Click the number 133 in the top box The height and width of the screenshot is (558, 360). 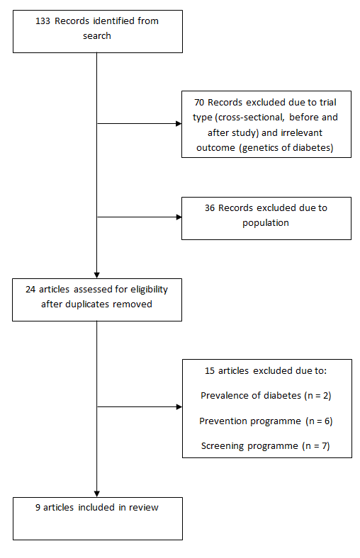tap(43, 21)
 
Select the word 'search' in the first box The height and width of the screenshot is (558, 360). tap(97, 36)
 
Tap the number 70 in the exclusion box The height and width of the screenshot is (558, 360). tap(199, 103)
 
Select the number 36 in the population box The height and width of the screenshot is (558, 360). tap(210, 207)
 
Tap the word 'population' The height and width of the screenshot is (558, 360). tap(266, 223)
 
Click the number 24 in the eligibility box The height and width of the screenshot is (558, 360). tap(30, 290)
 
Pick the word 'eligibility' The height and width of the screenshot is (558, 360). tap(150, 290)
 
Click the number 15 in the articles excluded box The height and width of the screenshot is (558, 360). tap(210, 371)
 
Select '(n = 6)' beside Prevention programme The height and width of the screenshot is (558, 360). tap(319, 421)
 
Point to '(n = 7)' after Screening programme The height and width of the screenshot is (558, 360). tap(316, 446)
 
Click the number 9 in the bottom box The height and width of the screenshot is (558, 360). tap(38, 508)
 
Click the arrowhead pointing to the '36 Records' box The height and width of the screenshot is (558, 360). tap(179, 217)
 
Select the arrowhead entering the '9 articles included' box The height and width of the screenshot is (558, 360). tap(97, 494)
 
